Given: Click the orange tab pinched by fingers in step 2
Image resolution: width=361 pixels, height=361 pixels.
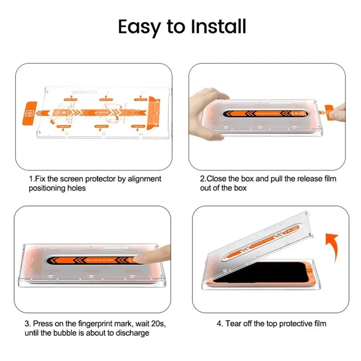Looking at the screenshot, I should pos(329,110).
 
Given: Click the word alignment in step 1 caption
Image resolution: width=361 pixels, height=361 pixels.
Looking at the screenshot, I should pos(143,179).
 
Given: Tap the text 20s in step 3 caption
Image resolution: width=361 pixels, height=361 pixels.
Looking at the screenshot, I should pos(149,324).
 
